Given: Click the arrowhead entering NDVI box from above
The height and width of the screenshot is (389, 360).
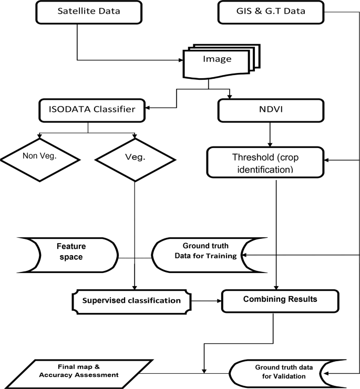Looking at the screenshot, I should pyautogui.click(x=230, y=97).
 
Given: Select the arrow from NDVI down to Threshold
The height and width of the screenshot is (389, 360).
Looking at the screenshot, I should pyautogui.click(x=270, y=135).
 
